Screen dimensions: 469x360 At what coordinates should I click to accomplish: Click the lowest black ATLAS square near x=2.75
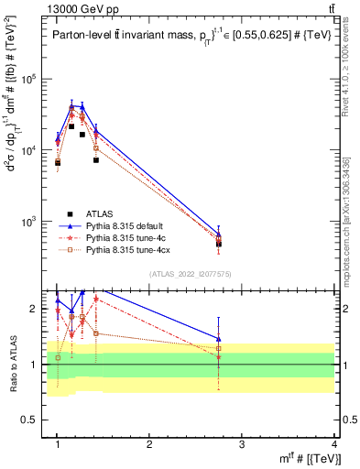click(x=219, y=244)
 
